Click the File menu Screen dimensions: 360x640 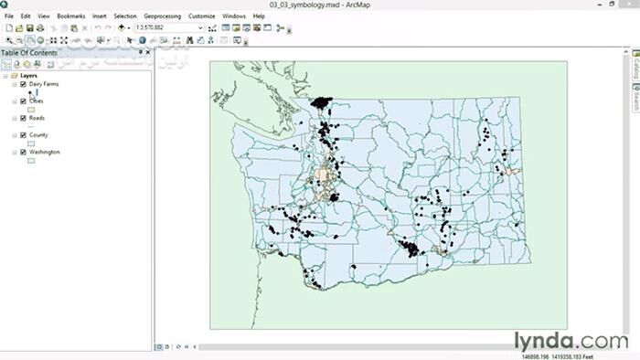(x=8, y=16)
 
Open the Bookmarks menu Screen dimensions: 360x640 (x=69, y=16)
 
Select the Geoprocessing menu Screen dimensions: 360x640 (x=163, y=16)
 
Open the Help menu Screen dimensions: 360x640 (x=259, y=16)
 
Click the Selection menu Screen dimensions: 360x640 (x=125, y=16)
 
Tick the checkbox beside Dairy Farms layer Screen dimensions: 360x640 (x=23, y=84)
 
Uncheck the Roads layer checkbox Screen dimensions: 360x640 (x=23, y=118)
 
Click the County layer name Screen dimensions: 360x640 (x=38, y=135)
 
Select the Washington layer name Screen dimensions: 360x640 (x=44, y=152)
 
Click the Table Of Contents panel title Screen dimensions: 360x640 (x=29, y=53)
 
